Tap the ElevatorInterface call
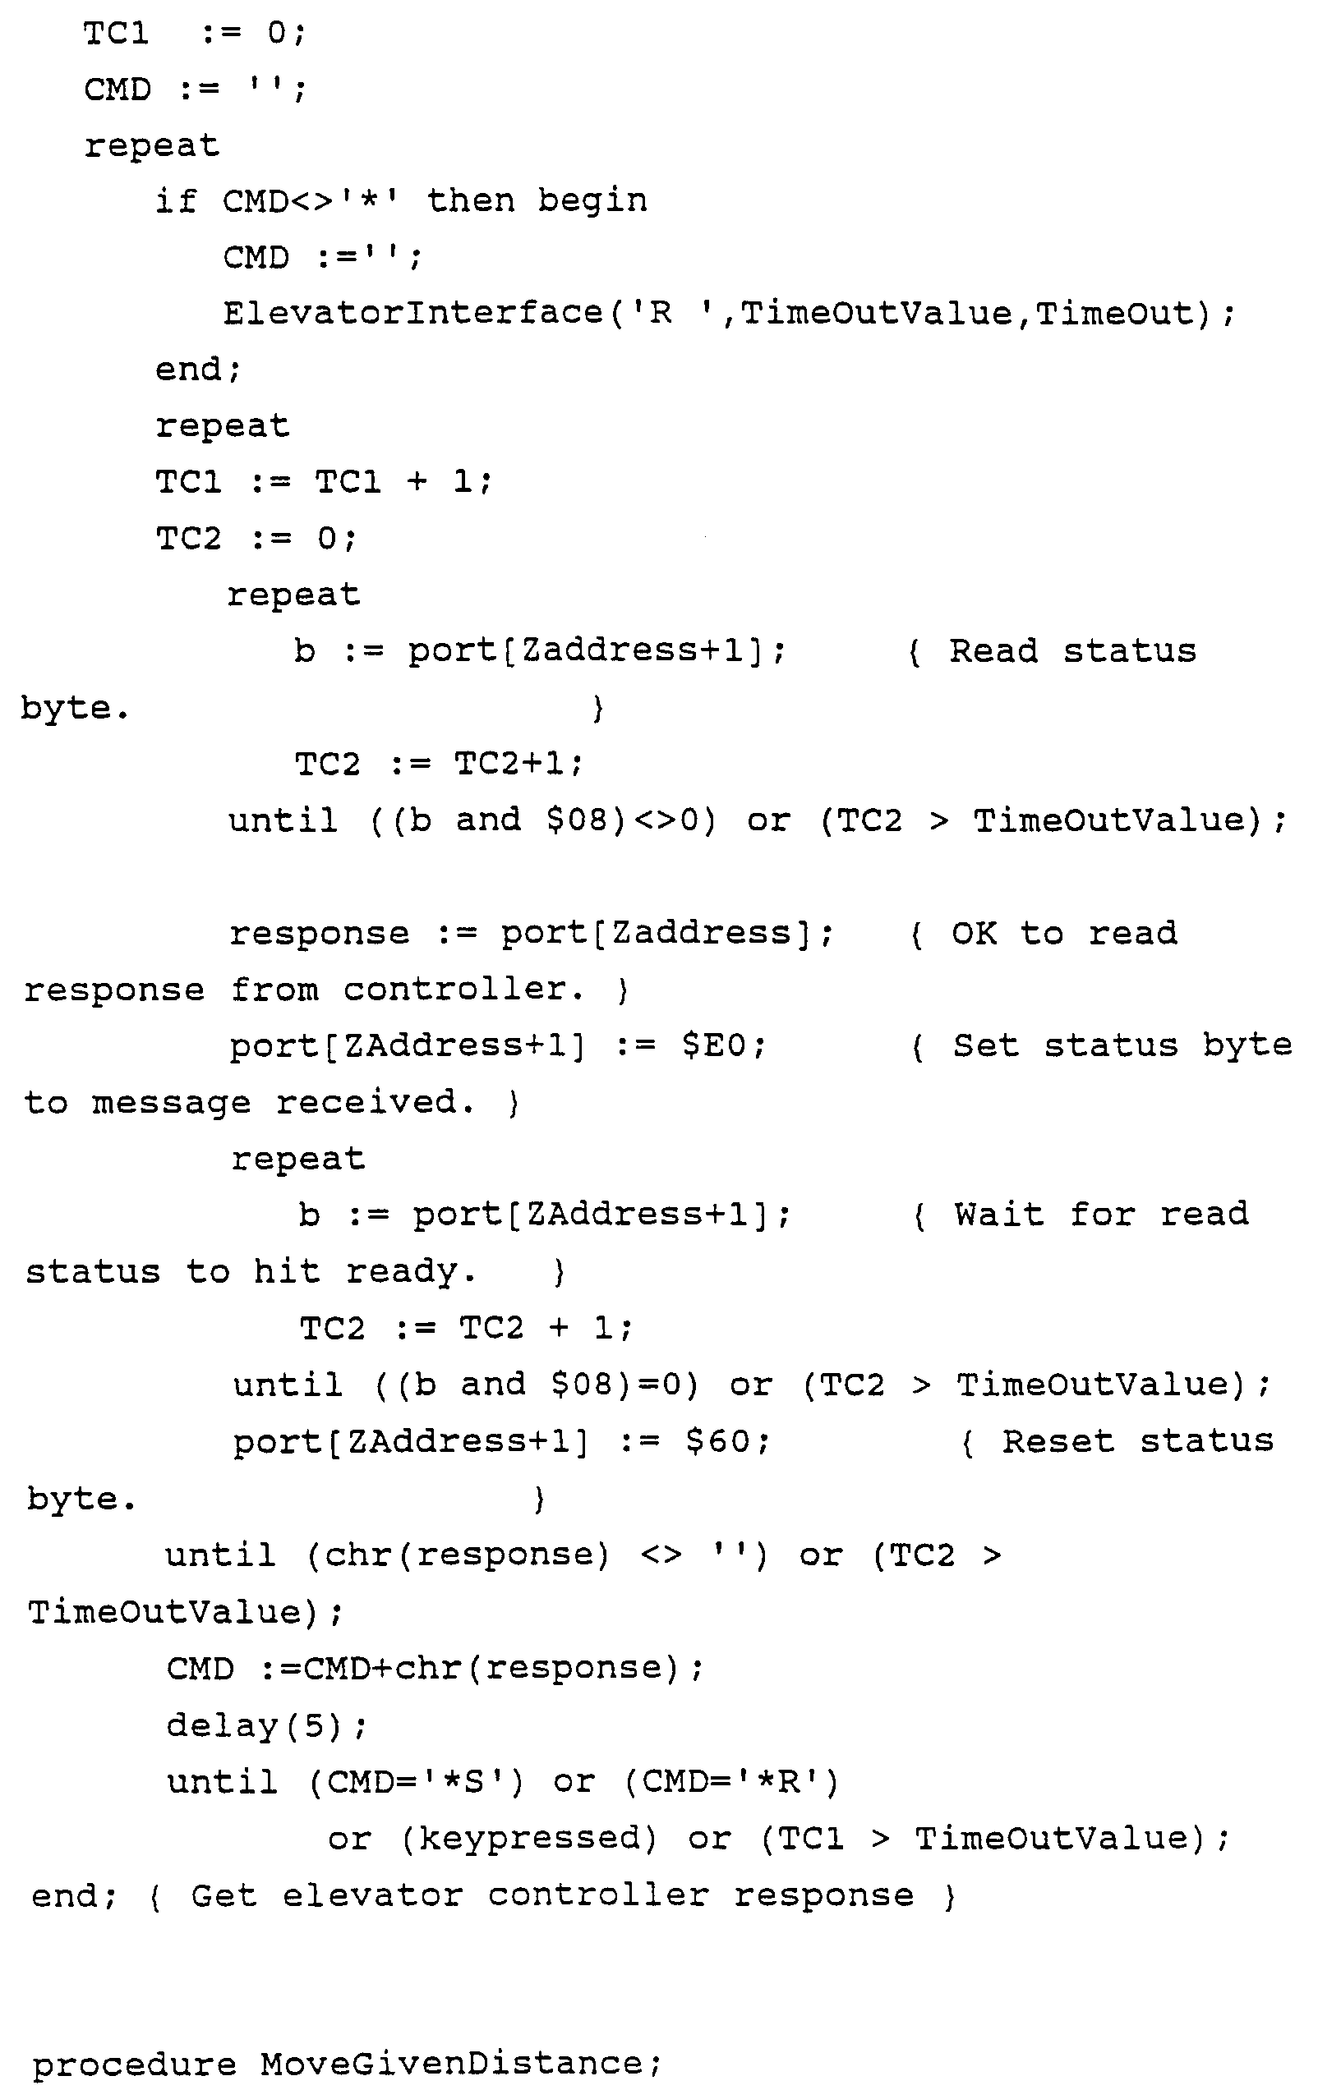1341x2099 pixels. (x=412, y=313)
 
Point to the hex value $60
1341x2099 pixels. (x=726, y=1442)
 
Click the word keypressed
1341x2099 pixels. (x=528, y=1839)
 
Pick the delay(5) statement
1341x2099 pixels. (x=267, y=1725)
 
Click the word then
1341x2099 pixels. (x=470, y=201)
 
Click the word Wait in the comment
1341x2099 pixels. (x=998, y=1215)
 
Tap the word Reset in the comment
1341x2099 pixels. (x=1058, y=1442)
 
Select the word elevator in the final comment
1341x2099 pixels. (x=372, y=1896)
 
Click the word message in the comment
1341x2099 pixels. (x=171, y=1103)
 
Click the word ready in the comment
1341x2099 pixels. (x=411, y=1272)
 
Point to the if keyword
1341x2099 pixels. (x=175, y=201)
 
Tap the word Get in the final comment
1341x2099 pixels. (x=224, y=1896)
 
